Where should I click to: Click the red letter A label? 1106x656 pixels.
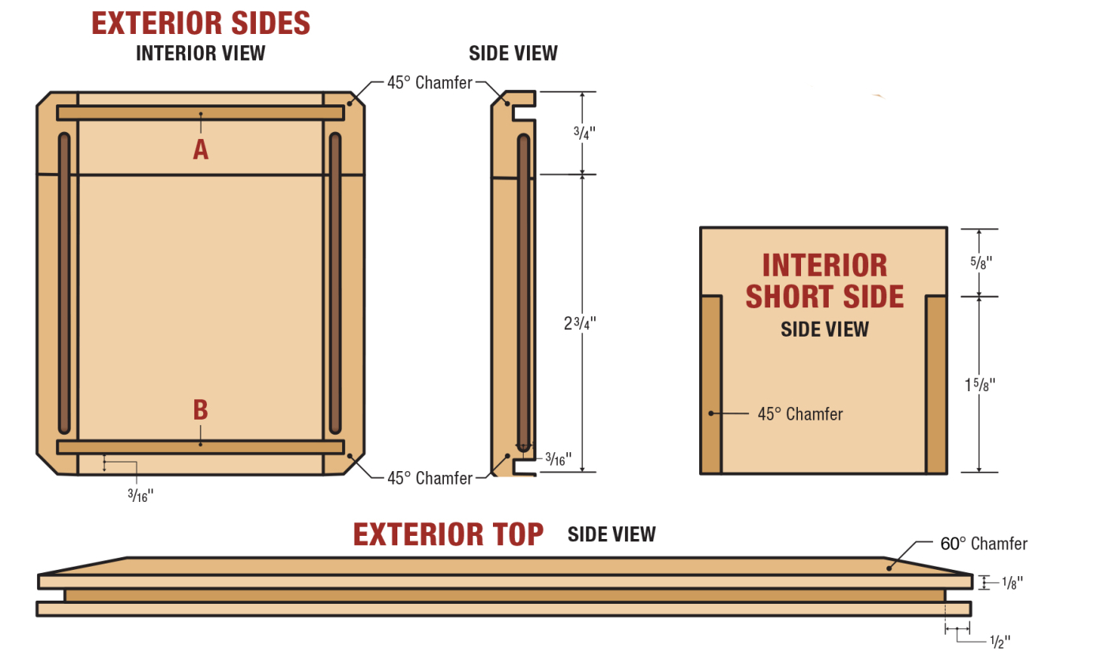(x=201, y=149)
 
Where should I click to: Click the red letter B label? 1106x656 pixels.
(x=201, y=409)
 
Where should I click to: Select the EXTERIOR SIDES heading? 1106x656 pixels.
(x=201, y=23)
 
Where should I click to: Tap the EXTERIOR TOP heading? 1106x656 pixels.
(x=448, y=534)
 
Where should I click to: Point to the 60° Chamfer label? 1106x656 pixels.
(x=984, y=544)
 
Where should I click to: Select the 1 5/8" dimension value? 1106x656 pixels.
(x=979, y=385)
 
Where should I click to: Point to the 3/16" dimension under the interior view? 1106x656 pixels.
(x=140, y=496)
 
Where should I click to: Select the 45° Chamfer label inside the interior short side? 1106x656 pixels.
(x=799, y=413)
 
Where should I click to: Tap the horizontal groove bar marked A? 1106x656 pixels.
(x=201, y=113)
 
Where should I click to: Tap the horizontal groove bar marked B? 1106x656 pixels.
(x=201, y=447)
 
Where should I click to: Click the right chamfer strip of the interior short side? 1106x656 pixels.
(x=936, y=385)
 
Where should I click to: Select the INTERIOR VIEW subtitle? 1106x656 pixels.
(x=201, y=53)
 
